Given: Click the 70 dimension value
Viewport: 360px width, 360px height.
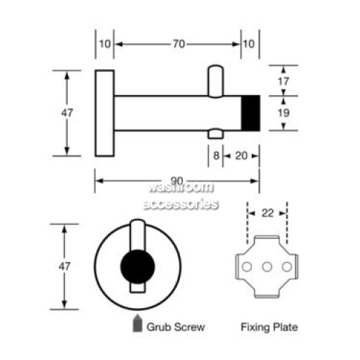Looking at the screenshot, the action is tap(179, 44).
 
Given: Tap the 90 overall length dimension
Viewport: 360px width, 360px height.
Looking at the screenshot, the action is tap(177, 181).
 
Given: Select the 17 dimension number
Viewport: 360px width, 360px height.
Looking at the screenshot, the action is tap(284, 81).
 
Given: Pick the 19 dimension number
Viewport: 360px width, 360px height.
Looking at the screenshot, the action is tap(284, 113).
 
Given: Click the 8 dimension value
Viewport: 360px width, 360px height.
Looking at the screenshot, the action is tap(216, 156).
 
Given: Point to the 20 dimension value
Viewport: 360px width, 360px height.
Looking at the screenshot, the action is tap(241, 156).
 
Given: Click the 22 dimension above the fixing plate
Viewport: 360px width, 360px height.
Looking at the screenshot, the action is tap(267, 213).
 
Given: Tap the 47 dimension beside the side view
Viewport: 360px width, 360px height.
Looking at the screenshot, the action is tap(67, 113).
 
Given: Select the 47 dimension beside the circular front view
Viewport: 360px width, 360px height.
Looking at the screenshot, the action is tap(65, 266).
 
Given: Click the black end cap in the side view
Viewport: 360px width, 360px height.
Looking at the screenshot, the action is tap(251, 113).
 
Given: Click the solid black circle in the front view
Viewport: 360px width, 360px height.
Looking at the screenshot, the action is tap(138, 266).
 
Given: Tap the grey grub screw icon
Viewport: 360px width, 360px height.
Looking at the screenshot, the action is tap(138, 323).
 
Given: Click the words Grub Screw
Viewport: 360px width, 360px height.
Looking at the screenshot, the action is tap(176, 327).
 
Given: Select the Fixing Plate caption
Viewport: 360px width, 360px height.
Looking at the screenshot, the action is tap(269, 327).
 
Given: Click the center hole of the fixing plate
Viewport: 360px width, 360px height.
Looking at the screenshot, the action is tap(267, 266).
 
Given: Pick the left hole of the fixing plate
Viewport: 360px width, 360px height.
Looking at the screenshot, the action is tap(247, 266).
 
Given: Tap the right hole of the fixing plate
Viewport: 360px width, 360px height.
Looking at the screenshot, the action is tap(287, 266).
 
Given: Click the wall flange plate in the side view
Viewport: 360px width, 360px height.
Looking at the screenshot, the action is tap(104, 113).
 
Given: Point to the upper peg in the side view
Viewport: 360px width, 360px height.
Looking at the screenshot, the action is tap(215, 81).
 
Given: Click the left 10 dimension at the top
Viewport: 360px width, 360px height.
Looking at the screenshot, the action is tap(105, 44).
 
